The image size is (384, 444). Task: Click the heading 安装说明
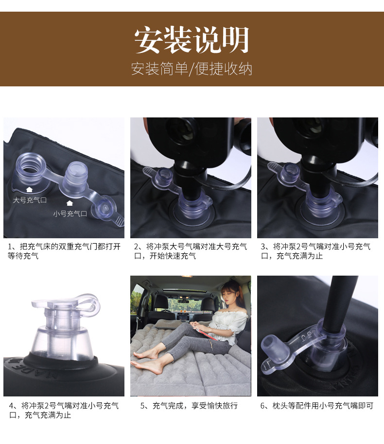[x=192, y=40]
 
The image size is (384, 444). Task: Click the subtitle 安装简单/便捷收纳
[x=192, y=69]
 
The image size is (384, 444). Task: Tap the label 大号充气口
[x=30, y=200]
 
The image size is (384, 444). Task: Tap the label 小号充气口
[x=70, y=214]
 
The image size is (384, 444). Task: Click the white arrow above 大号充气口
[x=30, y=189]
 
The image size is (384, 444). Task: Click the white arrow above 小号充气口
[x=70, y=203]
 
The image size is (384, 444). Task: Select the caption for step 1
[x=64, y=251]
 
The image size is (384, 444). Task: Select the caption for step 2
[x=191, y=251]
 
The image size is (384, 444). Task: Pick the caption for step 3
[x=315, y=251]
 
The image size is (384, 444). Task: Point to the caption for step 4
[x=64, y=411]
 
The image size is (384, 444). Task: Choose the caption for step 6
[x=317, y=406]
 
